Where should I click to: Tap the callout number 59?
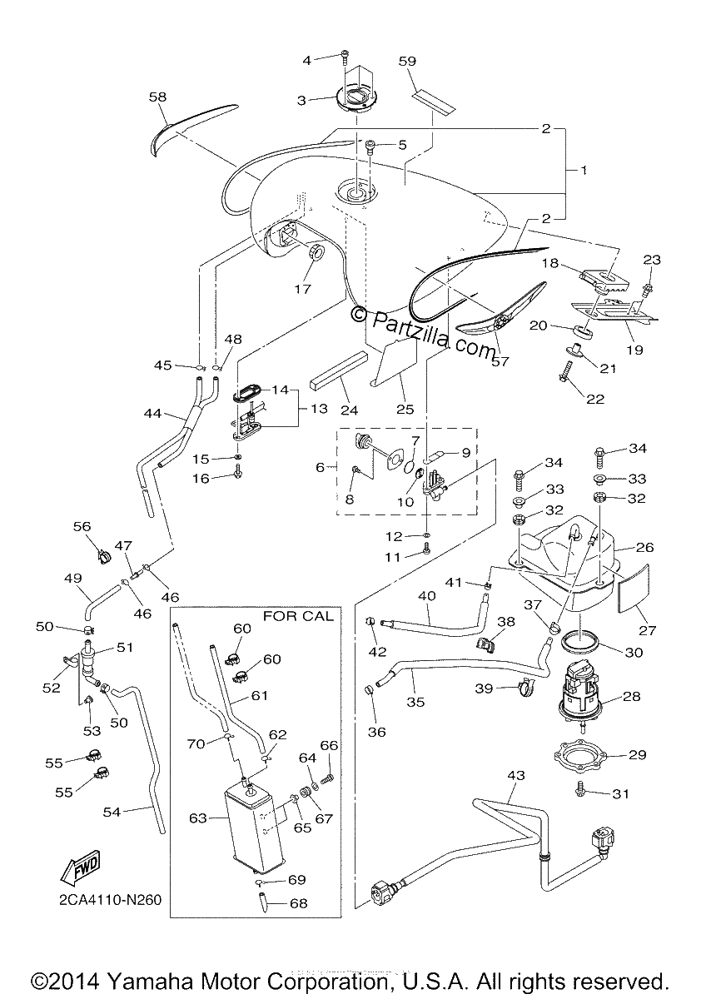click(407, 61)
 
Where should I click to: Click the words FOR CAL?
click(298, 616)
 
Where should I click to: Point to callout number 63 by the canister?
click(198, 818)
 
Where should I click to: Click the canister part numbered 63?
click(254, 828)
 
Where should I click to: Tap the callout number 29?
click(637, 754)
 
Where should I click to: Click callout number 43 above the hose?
click(516, 775)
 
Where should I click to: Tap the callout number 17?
click(302, 289)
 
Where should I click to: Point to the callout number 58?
click(157, 97)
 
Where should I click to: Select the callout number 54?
click(112, 812)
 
